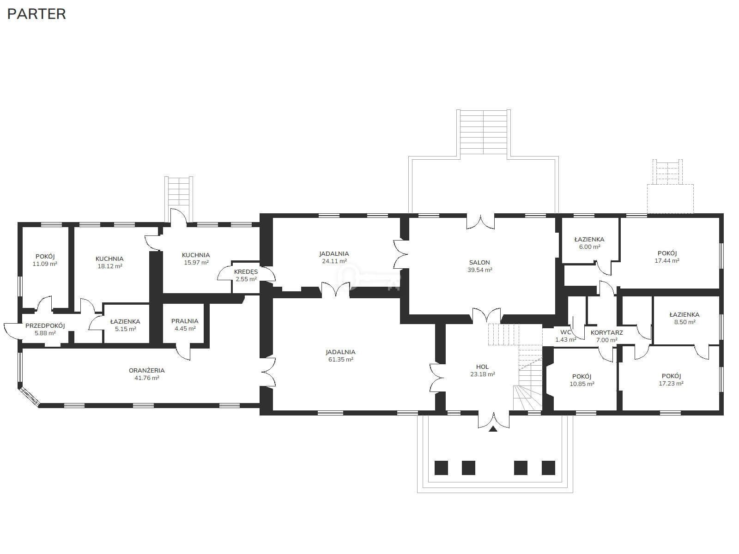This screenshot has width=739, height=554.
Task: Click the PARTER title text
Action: coord(36,14)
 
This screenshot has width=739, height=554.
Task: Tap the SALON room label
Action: coord(479,262)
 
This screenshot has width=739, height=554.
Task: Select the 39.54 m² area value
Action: coord(480,270)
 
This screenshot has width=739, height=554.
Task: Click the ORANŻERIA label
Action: coord(146,370)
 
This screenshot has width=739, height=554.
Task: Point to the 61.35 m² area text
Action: coord(341,359)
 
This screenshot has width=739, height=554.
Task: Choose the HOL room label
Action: coord(482,367)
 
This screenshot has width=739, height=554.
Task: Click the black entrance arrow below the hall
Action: coord(493,428)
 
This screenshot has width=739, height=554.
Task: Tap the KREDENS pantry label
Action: coord(246,272)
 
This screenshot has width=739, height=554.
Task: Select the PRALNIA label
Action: coord(184,321)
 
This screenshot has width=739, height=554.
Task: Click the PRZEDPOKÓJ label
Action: coord(45,325)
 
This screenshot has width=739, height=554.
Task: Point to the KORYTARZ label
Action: coord(607,333)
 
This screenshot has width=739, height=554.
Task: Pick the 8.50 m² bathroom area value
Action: coord(684,322)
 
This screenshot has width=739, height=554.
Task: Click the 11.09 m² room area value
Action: coord(45,264)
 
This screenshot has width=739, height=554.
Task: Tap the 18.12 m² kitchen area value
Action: coord(110,266)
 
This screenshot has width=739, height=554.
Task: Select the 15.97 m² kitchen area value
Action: coord(196,262)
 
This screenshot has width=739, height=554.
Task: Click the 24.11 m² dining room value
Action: coord(334,261)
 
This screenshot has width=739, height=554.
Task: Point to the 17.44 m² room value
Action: coord(666,261)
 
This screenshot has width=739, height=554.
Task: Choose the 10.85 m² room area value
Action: coord(582,384)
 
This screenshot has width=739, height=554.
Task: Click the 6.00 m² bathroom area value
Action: coord(589,247)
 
